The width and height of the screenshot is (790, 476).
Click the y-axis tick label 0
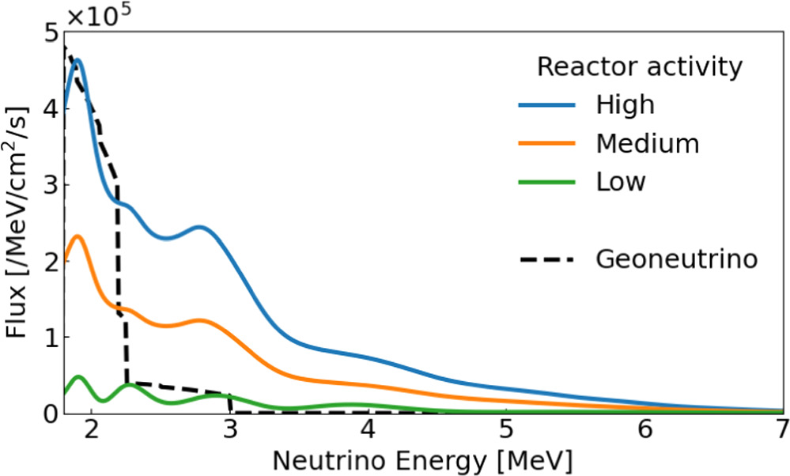51,413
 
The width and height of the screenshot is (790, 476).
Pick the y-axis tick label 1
51,337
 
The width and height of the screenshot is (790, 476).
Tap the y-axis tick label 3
51,185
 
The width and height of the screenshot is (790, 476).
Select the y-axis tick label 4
51,109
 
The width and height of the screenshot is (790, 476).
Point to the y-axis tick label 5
51,33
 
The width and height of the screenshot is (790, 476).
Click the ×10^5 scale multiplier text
98,15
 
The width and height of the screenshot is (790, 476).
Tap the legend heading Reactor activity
640,67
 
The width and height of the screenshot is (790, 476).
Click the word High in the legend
626,105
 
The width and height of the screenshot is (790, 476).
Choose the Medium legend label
648,143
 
